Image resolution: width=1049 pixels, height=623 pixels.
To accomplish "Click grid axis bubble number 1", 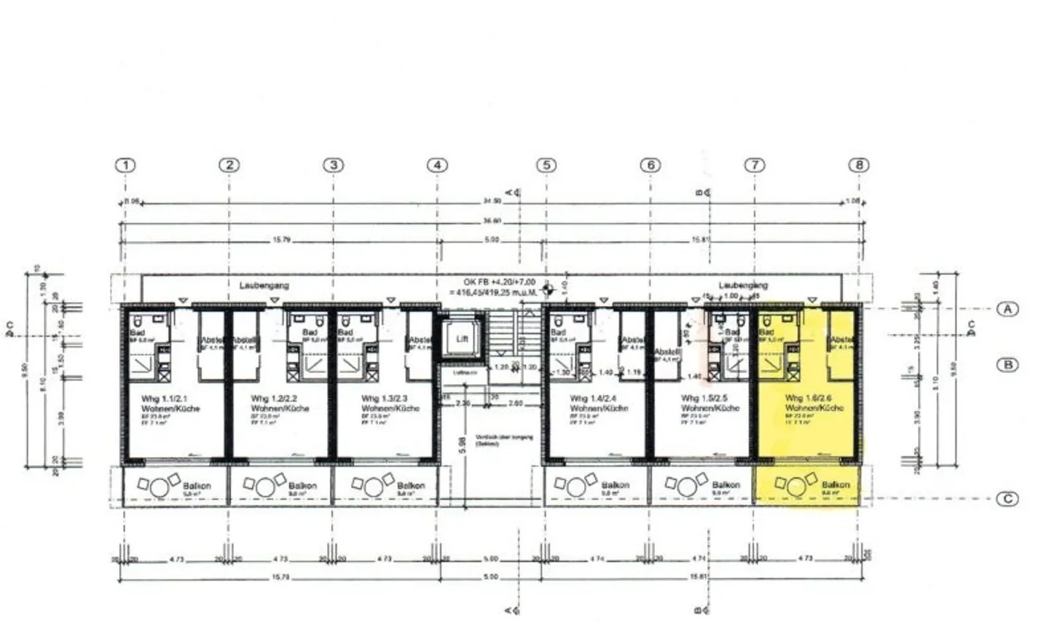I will coord(126,165).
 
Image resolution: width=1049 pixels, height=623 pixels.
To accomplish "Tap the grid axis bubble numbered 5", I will coord(546,165).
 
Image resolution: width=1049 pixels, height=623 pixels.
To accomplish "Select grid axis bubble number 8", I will coord(859,165).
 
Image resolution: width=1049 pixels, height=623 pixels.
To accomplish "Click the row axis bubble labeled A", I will coord(1007,309).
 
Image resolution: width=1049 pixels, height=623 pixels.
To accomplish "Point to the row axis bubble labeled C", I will coord(1007,499).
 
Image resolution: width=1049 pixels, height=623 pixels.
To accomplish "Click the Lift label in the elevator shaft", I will coord(463,339).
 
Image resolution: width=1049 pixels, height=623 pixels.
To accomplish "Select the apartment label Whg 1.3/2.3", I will coord(384,399).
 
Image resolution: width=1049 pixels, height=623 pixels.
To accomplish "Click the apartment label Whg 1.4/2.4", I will coord(592,399).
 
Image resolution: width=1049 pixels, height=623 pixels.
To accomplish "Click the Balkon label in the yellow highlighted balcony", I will coord(835,485).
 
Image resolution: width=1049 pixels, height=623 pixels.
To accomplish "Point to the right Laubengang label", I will coord(743,285).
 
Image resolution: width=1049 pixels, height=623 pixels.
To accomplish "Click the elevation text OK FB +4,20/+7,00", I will coord(499,281).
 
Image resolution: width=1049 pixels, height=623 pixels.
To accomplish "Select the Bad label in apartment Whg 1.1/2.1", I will coord(137,332).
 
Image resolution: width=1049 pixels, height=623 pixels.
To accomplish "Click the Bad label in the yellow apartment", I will coord(766,332).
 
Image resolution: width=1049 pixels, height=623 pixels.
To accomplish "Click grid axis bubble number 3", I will coord(333,165).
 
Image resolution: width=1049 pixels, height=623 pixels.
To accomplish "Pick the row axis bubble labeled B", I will coord(1007,364).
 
